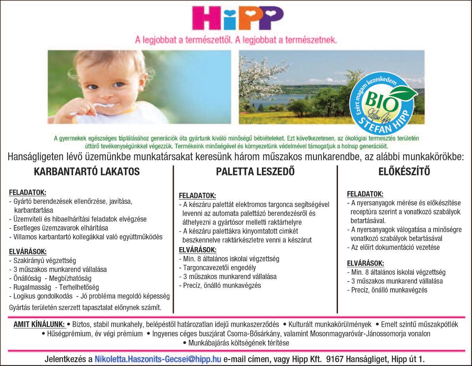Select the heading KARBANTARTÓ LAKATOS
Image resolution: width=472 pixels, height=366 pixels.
pyautogui.click(x=87, y=172)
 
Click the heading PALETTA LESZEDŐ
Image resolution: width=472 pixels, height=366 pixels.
pyautogui.click(x=255, y=172)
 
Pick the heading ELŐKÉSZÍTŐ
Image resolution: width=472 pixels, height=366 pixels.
pyautogui.click(x=404, y=172)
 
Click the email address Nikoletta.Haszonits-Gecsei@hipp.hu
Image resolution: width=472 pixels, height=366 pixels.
pyautogui.click(x=158, y=359)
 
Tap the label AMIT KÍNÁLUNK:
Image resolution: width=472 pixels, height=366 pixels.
pyautogui.click(x=39, y=325)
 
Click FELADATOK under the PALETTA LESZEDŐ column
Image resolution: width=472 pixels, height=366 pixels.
pyautogui.click(x=197, y=195)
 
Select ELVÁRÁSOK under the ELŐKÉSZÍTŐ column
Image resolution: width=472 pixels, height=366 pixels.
pyautogui.click(x=365, y=263)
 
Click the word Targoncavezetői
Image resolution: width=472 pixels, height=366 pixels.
pyautogui.click(x=205, y=268)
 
